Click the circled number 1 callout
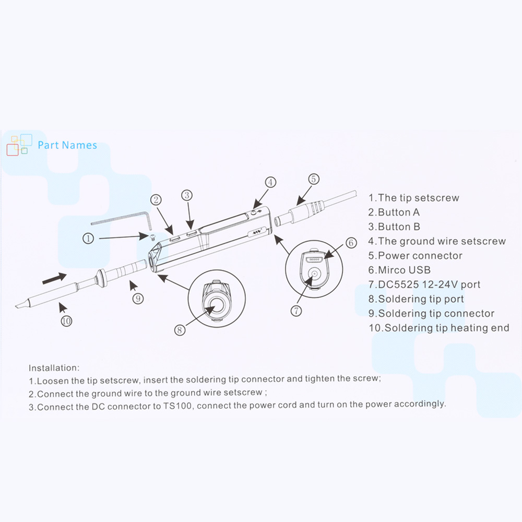pos(88,239)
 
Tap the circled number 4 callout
pos(270,182)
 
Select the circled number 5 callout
pos(313,179)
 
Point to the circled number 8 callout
pos(180,330)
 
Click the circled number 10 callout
pos(66,321)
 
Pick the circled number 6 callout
pos(351,243)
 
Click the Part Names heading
pos(67,145)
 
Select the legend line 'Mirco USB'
pos(399,270)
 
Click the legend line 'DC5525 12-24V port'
pos(424,284)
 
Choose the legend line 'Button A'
pos(394,212)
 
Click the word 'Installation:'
pos(54,368)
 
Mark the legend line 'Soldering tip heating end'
pos(438,328)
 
